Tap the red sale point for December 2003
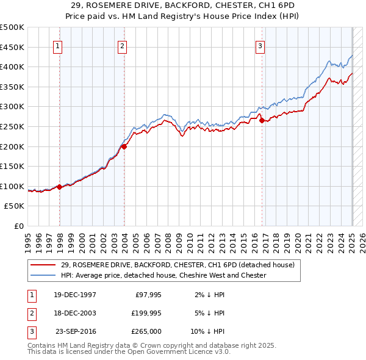pyautogui.click(x=124, y=146)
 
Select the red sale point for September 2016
pyautogui.click(x=262, y=121)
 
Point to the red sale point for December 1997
pyautogui.click(x=60, y=187)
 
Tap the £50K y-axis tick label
pyautogui.click(x=15, y=206)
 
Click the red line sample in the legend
pyautogui.click(x=43, y=265)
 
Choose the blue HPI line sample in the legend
pyautogui.click(x=43, y=275)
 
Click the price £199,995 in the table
pyautogui.click(x=146, y=313)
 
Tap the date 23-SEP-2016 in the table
pyautogui.click(x=75, y=331)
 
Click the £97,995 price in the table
pyautogui.click(x=148, y=295)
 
